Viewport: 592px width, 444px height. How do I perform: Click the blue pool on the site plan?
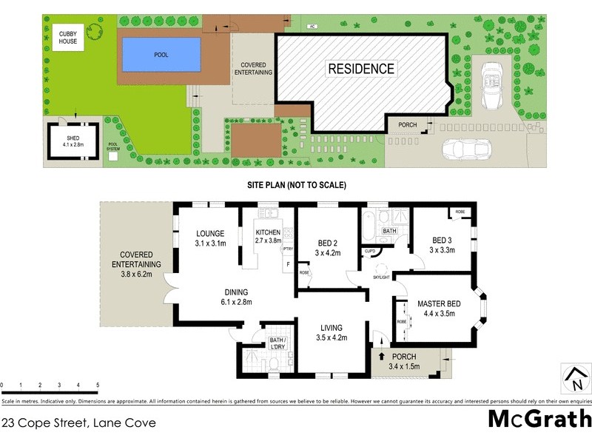[161, 53]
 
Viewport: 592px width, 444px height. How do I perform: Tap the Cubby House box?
[68, 37]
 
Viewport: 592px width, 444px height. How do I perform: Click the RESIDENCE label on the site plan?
[361, 69]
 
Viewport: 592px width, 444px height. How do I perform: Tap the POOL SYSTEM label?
[113, 147]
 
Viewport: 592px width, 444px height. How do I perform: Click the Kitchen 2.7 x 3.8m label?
[268, 236]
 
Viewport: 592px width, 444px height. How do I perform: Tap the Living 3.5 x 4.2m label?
[332, 333]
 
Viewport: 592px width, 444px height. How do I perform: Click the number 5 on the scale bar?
[98, 386]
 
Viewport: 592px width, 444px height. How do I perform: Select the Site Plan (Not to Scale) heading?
[296, 185]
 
